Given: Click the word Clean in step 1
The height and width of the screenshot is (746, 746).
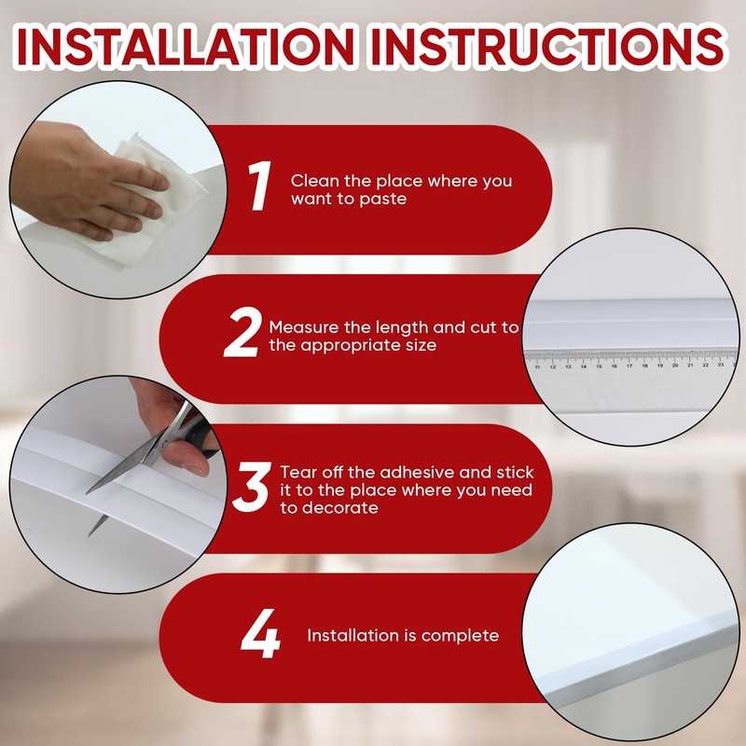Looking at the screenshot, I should (311, 181).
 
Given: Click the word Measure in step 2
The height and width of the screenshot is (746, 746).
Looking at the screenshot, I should (301, 328).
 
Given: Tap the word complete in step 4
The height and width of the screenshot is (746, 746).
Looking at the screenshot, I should (460, 636).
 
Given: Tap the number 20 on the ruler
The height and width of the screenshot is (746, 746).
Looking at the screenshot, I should (674, 366).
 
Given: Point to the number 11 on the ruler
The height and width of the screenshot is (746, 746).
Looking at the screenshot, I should (537, 367).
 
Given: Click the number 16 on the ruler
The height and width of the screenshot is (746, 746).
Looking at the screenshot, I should (614, 366).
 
